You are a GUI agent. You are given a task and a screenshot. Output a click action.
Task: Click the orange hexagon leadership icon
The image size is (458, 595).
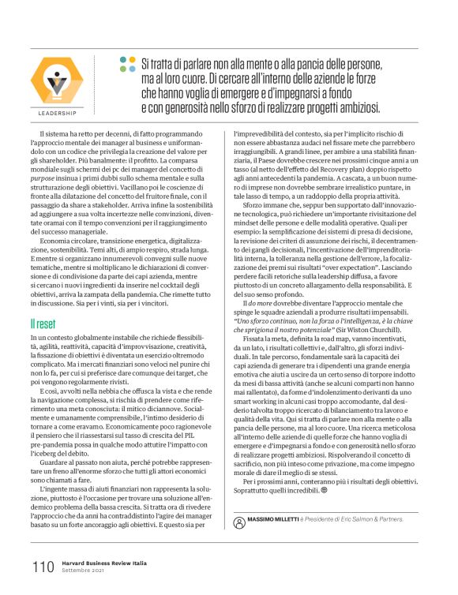click(55, 82)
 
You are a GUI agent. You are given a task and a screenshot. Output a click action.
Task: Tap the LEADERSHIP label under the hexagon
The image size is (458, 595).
click(56, 114)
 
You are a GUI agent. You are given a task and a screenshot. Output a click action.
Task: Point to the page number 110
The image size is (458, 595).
click(43, 567)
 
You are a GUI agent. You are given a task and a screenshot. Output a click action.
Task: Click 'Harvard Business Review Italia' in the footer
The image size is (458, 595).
click(99, 563)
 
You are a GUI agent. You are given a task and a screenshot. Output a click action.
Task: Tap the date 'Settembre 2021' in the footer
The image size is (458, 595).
click(84, 571)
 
